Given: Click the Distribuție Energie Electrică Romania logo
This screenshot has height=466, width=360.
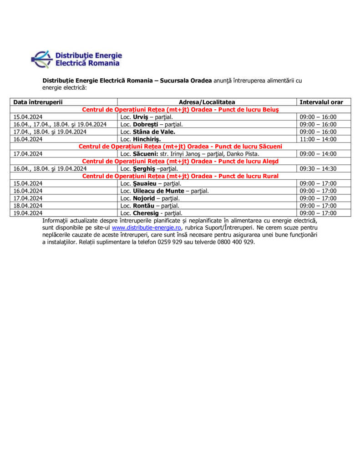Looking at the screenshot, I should click(76, 59).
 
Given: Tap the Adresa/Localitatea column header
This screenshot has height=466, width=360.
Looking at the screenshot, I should click(207, 102).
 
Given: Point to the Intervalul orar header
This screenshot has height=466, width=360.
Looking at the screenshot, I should click(321, 102).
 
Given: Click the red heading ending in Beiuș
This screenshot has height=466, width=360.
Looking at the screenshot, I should click(180, 110).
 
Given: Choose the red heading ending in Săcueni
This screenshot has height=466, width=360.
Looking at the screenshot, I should click(180, 147).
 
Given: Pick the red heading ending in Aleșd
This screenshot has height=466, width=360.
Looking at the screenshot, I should click(180, 161).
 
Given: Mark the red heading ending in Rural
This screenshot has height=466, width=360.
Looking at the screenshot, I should click(180, 176).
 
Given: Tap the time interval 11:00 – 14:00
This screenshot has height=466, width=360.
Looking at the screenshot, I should click(318, 139).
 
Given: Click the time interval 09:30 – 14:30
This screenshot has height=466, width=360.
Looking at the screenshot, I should click(318, 169).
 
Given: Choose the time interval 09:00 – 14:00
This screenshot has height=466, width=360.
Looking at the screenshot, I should click(318, 154).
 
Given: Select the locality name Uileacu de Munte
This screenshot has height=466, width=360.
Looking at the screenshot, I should click(158, 191).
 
